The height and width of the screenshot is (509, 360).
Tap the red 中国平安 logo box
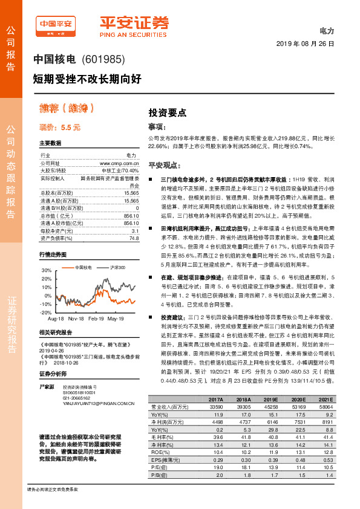pyautogui.click(x=56, y=26)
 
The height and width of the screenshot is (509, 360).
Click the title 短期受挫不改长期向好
pyautogui.click(x=87, y=78)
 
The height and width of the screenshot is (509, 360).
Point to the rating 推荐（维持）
pyautogui.click(x=67, y=109)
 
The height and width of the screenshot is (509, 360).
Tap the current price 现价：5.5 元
pyautogui.click(x=60, y=128)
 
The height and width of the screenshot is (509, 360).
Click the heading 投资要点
pyautogui.click(x=168, y=112)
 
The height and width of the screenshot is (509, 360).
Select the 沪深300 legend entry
pyautogui.click(x=118, y=267)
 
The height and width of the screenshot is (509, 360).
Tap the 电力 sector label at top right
pyautogui.click(x=327, y=30)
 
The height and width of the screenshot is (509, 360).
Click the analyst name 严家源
pyautogui.click(x=47, y=386)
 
